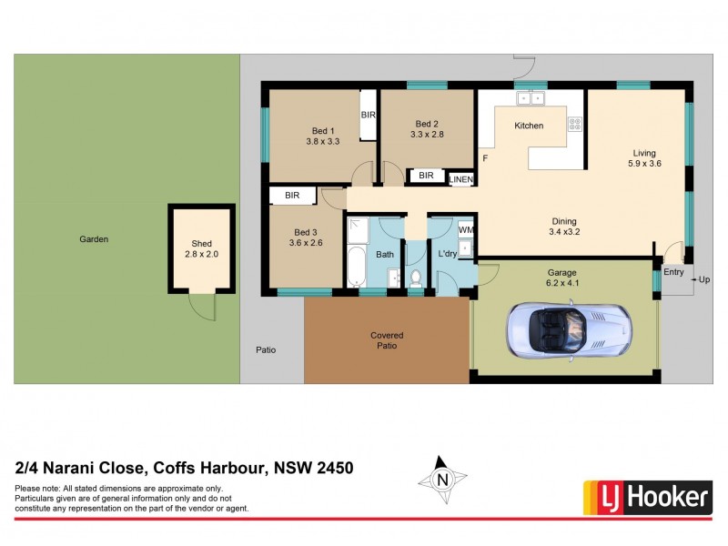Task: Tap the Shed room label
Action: tap(201, 244)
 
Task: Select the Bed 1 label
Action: tap(322, 129)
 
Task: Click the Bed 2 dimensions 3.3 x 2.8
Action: tap(427, 135)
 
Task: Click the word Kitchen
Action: tap(529, 126)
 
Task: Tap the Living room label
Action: tap(644, 153)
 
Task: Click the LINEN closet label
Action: tap(461, 180)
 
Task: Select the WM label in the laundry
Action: tap(465, 230)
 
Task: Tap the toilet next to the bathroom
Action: tap(415, 278)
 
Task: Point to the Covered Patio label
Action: tap(387, 340)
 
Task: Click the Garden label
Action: tap(94, 239)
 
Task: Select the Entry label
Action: tap(673, 272)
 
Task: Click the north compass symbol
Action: tap(443, 479)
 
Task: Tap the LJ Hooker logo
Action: tap(647, 496)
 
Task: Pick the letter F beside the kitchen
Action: tap(485, 159)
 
